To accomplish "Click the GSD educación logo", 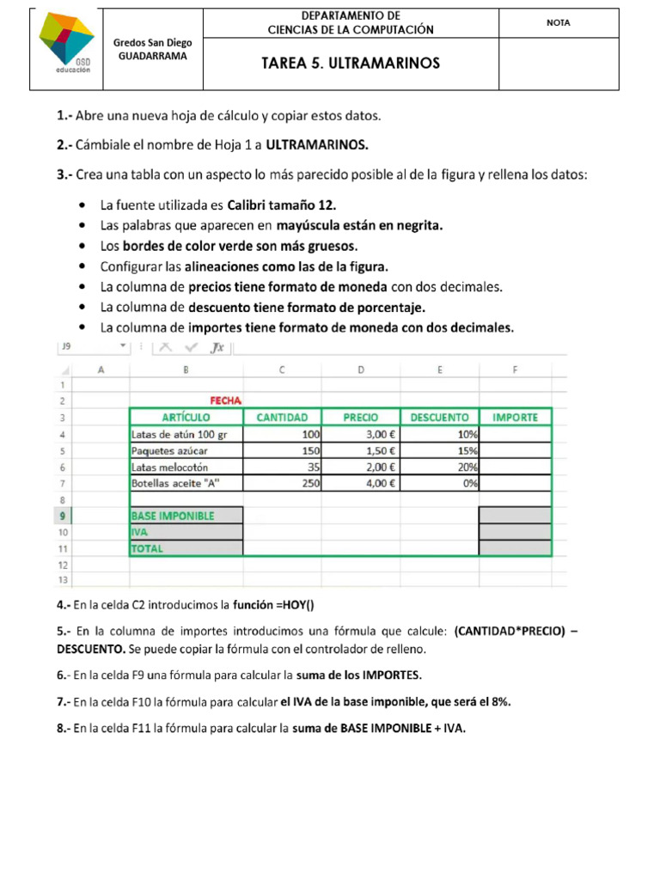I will coord(67,44).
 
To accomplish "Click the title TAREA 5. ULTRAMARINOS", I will coord(351,64).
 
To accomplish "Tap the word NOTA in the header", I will coord(559,23).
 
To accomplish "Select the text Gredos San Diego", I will coord(153,42).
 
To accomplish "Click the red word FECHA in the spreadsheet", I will coord(226,400).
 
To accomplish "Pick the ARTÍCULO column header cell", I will coord(186,418).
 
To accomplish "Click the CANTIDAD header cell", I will coord(283,418).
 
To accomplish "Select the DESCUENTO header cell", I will coord(439,418).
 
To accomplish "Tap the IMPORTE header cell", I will coord(516,418).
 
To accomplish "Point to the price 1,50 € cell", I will coord(361,451).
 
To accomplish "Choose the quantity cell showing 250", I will coord(283,483).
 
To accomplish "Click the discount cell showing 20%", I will coord(439,467).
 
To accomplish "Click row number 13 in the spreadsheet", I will coord(62,580).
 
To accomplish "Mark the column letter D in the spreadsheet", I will coord(361,370).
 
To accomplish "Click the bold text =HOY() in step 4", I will coord(300,604).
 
